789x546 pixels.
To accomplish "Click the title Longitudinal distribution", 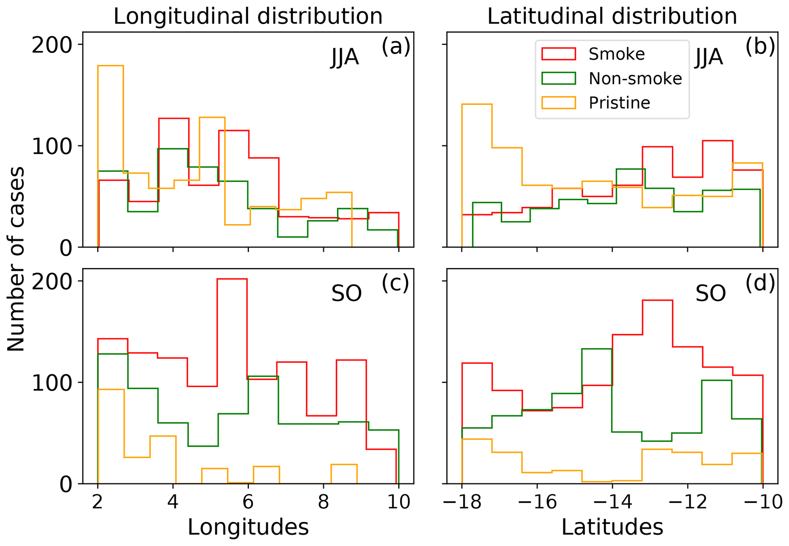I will [x=248, y=16].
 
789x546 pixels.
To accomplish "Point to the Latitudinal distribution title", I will [x=612, y=16].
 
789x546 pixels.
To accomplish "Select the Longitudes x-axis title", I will [x=248, y=527].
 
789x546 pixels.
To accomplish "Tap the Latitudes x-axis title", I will [x=612, y=527].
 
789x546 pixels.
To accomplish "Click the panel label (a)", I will [x=395, y=47].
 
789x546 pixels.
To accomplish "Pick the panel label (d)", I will [x=760, y=283].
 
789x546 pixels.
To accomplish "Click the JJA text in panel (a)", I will [x=345, y=58].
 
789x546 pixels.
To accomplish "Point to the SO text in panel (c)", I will [x=346, y=294].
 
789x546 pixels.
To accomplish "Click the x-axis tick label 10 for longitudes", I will [x=399, y=502].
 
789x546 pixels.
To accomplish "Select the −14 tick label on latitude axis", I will [x=612, y=502].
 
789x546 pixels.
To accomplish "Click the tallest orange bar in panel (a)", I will [x=111, y=157].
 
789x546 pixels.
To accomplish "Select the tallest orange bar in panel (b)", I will [x=477, y=176].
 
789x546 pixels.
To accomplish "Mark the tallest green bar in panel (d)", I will [x=597, y=416].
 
